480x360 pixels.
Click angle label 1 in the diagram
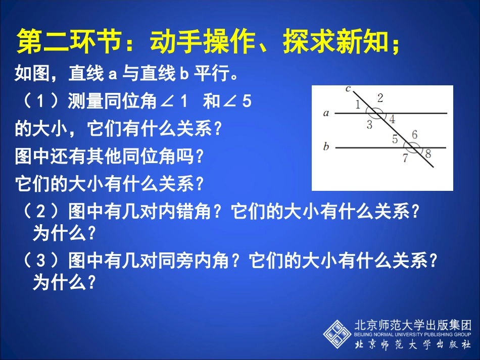pyautogui.click(x=357, y=105)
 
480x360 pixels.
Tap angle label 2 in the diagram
pyautogui.click(x=380, y=98)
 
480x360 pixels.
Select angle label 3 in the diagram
pyautogui.click(x=369, y=125)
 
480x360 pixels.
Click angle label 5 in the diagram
pyautogui.click(x=395, y=139)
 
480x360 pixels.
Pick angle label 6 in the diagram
pyautogui.click(x=414, y=134)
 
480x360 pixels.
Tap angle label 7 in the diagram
pyautogui.click(x=405, y=158)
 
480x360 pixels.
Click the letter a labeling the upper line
pyautogui.click(x=326, y=113)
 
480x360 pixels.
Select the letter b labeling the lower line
pyautogui.click(x=326, y=147)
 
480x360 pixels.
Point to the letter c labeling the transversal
pyautogui.click(x=348, y=89)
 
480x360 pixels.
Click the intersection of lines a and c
pyautogui.click(x=376, y=114)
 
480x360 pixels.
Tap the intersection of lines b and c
pyautogui.click(x=413, y=148)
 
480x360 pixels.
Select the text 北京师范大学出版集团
pyautogui.click(x=413, y=325)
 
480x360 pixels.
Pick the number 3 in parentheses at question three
pyautogui.click(x=42, y=261)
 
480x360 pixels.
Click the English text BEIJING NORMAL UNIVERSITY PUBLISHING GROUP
pyautogui.click(x=413, y=334)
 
